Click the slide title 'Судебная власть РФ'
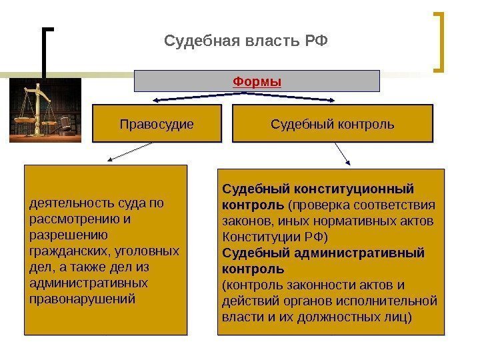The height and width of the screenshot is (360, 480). [x=246, y=43]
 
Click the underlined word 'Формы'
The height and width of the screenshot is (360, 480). [x=257, y=81]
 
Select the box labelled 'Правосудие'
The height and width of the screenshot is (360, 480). [x=156, y=124]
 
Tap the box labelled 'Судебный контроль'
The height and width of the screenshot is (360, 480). [x=332, y=124]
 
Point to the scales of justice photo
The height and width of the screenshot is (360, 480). [x=45, y=109]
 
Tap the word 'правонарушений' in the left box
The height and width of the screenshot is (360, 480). [x=83, y=298]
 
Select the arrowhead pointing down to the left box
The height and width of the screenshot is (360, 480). [x=109, y=161]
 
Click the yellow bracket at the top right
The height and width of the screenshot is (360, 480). [x=440, y=41]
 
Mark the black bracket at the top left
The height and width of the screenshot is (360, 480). [x=47, y=53]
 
